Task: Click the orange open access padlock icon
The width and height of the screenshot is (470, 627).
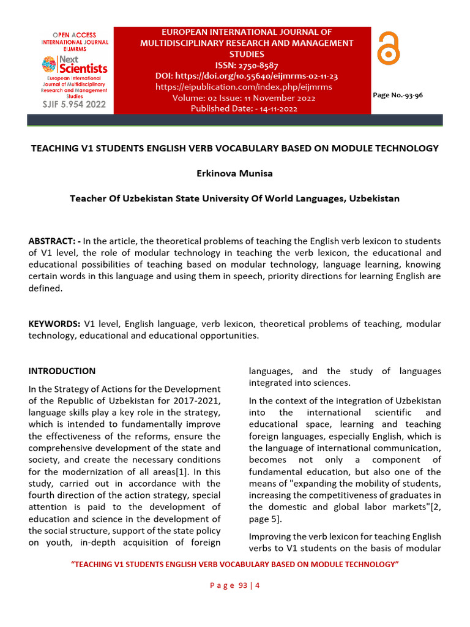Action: [x=388, y=48]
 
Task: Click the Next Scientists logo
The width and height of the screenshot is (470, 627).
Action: [x=74, y=64]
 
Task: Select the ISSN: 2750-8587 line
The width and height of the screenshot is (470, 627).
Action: [x=247, y=65]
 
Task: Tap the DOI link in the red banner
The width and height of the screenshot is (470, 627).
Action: [x=247, y=76]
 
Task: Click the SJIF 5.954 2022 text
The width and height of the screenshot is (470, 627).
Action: [x=73, y=104]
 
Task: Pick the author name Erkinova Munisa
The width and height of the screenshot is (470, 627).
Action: [x=234, y=173]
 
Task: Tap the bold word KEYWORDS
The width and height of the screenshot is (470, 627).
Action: [x=54, y=323]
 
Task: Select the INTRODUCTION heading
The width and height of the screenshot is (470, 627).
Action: [x=62, y=371]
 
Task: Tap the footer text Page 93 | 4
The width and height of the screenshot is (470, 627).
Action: [x=235, y=585]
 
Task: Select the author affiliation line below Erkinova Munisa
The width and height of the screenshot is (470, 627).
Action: [x=234, y=198]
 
